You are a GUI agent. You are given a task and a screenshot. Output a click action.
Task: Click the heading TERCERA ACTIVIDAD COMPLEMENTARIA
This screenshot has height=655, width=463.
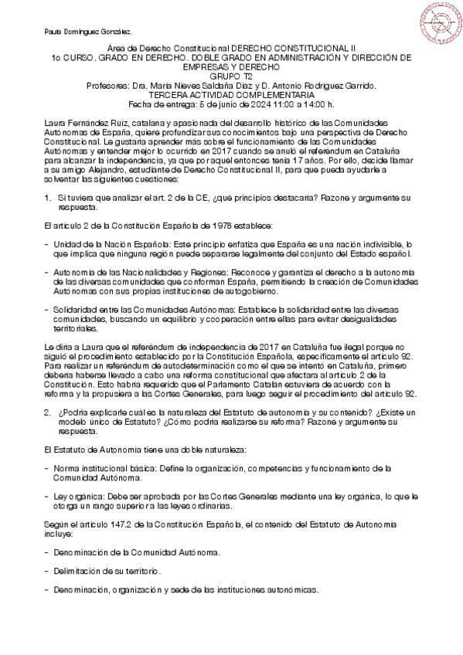click(x=231, y=95)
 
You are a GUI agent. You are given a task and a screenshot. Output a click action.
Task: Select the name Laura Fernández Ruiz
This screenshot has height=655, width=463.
click(x=80, y=124)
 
